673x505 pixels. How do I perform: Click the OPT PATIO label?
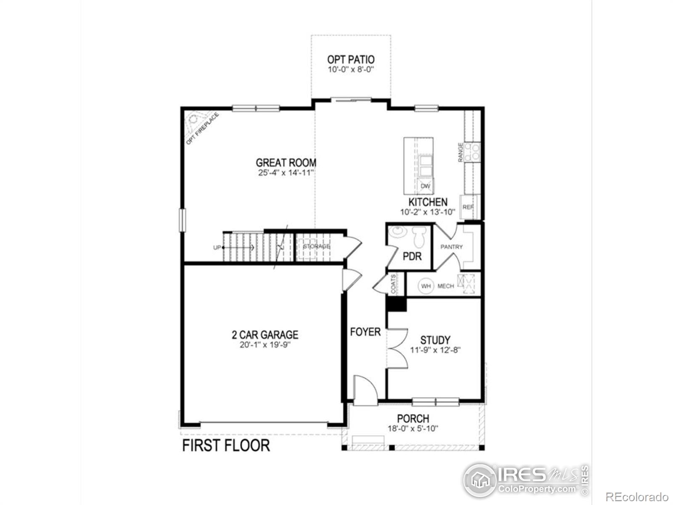(x=351, y=60)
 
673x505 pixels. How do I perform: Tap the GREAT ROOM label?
(x=286, y=162)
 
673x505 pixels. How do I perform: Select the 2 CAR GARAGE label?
(x=265, y=335)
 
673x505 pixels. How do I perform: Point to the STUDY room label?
(x=435, y=340)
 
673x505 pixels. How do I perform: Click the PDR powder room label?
(x=412, y=256)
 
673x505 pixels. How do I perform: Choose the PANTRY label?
(x=451, y=247)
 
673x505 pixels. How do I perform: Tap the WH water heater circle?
(x=426, y=286)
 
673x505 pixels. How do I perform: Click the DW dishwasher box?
(x=426, y=186)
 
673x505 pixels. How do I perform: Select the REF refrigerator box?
(x=468, y=207)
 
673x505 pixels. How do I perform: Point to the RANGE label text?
(x=461, y=152)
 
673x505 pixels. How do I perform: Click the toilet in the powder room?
(x=419, y=237)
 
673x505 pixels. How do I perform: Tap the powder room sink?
(x=396, y=232)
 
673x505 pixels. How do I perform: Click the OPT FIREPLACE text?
(x=203, y=128)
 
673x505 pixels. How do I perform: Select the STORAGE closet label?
(x=317, y=247)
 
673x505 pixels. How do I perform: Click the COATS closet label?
(x=393, y=284)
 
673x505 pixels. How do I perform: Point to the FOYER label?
(x=365, y=332)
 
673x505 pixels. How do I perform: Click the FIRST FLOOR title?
(x=226, y=445)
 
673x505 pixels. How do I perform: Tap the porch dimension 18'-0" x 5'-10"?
(x=413, y=429)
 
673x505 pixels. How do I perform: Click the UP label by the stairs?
(x=217, y=247)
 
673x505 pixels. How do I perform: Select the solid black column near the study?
(x=396, y=304)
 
